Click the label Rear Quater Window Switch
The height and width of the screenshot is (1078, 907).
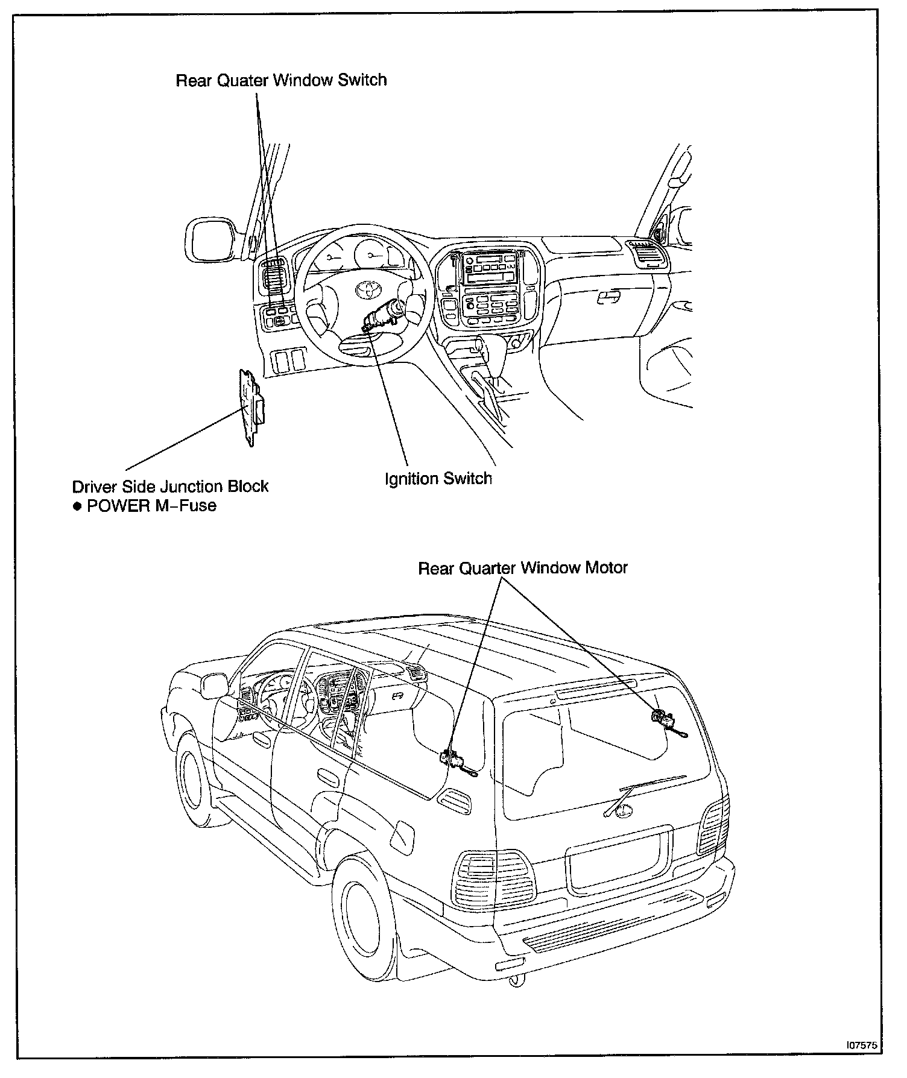[281, 80]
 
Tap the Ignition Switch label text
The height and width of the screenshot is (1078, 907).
[438, 479]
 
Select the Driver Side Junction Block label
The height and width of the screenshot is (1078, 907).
[170, 486]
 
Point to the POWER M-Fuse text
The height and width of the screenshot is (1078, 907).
[151, 505]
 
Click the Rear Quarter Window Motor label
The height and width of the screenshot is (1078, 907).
[523, 568]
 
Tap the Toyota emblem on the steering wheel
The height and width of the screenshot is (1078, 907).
[366, 289]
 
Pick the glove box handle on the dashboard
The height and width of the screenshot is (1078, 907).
[608, 297]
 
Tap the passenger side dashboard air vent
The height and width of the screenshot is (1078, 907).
[646, 254]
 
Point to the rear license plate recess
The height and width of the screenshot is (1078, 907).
[618, 859]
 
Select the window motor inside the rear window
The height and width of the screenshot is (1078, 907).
[660, 717]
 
